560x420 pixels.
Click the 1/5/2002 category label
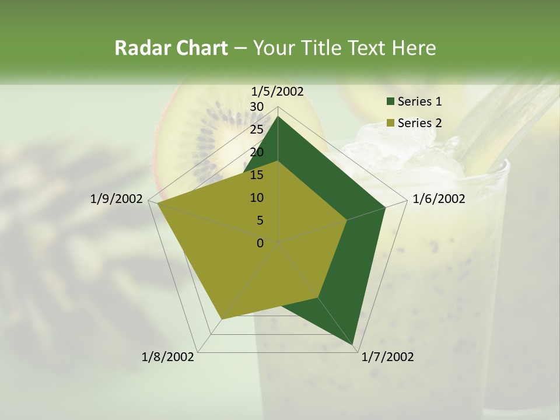point(278,92)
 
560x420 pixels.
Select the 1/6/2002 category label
point(439,199)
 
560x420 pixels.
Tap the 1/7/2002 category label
point(387,357)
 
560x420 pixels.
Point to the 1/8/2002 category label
point(168,357)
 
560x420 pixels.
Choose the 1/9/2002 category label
point(117,199)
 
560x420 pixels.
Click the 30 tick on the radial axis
point(257,107)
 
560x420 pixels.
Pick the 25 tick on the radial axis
point(257,129)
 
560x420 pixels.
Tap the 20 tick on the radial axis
point(257,152)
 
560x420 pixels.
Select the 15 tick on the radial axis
point(257,175)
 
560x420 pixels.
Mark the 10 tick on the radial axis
point(257,198)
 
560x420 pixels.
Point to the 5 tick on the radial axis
point(260,220)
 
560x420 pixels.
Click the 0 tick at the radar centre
point(260,243)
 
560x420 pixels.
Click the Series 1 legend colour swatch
point(390,102)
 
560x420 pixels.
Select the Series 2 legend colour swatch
point(390,123)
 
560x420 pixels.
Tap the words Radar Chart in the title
point(171,48)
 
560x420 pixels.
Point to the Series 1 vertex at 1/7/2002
point(353,345)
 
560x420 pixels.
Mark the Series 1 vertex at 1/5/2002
point(278,116)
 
